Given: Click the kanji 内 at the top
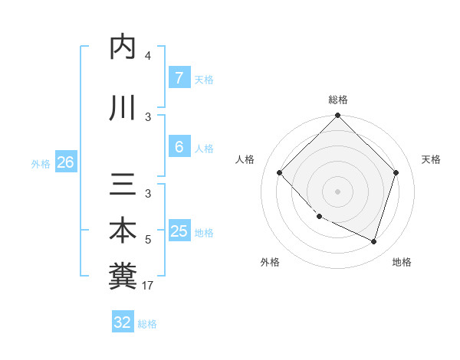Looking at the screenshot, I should click(x=123, y=47).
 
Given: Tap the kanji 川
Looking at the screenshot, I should click(x=123, y=107).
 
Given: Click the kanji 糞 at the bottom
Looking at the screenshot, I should click(x=123, y=276).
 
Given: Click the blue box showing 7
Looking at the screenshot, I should click(x=179, y=78).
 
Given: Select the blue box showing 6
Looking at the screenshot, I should click(x=179, y=148).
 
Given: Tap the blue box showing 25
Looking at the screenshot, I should click(x=179, y=232).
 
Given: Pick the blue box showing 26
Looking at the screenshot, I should click(x=65, y=162).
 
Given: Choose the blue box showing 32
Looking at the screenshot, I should click(x=123, y=322).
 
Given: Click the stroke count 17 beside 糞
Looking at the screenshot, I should click(x=148, y=286).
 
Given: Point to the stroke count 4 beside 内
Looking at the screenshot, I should click(x=148, y=56).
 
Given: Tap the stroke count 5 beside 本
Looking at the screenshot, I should click(x=148, y=241).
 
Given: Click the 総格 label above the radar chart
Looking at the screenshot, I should click(x=338, y=100).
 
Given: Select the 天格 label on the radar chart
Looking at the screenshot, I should click(x=431, y=159).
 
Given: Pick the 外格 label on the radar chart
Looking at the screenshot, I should click(x=270, y=262).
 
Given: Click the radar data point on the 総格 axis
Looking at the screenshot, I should click(x=338, y=116).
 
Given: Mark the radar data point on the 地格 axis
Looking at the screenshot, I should click(x=374, y=241).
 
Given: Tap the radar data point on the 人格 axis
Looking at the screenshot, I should click(x=280, y=173).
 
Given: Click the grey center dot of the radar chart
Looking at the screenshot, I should click(x=338, y=191).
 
